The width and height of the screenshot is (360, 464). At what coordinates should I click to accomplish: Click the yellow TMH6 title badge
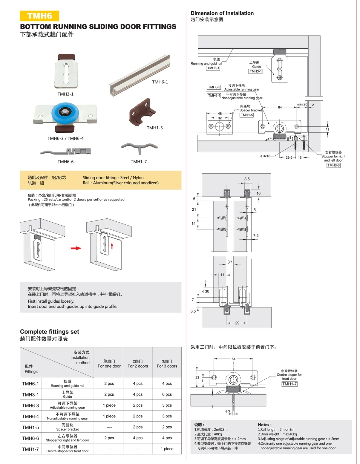tap(39, 16)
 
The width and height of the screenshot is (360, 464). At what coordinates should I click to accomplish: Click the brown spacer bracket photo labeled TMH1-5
tap(141, 112)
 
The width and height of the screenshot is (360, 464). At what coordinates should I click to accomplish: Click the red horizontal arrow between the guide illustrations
tap(76, 248)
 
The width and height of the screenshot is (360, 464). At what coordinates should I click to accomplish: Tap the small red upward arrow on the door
tap(112, 246)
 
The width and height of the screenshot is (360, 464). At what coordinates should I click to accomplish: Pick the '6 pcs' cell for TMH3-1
tap(167, 394)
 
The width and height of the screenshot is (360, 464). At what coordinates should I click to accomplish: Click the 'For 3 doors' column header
tap(167, 364)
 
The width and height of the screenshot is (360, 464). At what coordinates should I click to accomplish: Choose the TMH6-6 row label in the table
tap(30, 438)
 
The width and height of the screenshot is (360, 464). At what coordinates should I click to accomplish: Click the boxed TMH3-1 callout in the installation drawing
tap(255, 71)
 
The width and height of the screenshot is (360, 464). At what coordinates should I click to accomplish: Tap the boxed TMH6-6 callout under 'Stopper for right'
tap(333, 165)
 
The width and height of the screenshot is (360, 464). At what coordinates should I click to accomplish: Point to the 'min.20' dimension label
tap(302, 104)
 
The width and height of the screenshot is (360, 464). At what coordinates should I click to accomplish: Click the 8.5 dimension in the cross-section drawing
tap(247, 179)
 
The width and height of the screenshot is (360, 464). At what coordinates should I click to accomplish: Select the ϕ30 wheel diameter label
tap(206, 291)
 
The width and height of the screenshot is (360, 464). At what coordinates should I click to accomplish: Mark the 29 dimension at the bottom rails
tap(237, 323)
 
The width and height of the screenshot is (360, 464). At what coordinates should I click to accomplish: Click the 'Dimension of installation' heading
tap(222, 13)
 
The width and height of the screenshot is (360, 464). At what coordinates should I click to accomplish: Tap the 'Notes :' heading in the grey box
tap(265, 425)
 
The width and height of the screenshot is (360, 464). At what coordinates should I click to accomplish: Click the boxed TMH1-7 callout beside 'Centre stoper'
tap(289, 384)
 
